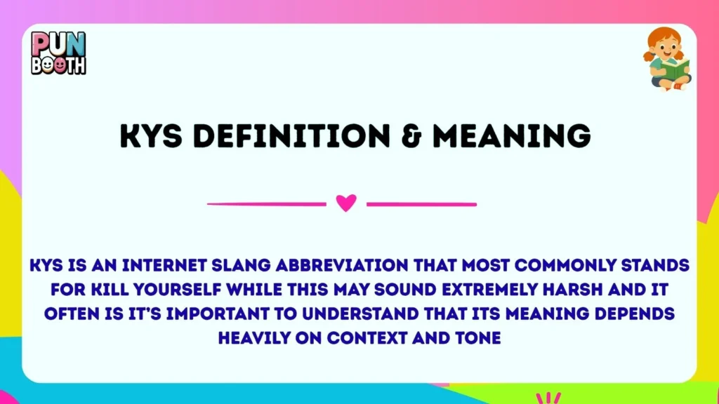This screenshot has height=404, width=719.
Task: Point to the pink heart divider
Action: pos(346,203)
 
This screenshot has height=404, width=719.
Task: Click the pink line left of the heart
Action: pos(267,204)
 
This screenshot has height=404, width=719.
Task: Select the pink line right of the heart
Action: pos(421,204)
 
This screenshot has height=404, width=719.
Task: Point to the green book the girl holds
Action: pos(676,69)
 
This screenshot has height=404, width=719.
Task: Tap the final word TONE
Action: pos(477,337)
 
